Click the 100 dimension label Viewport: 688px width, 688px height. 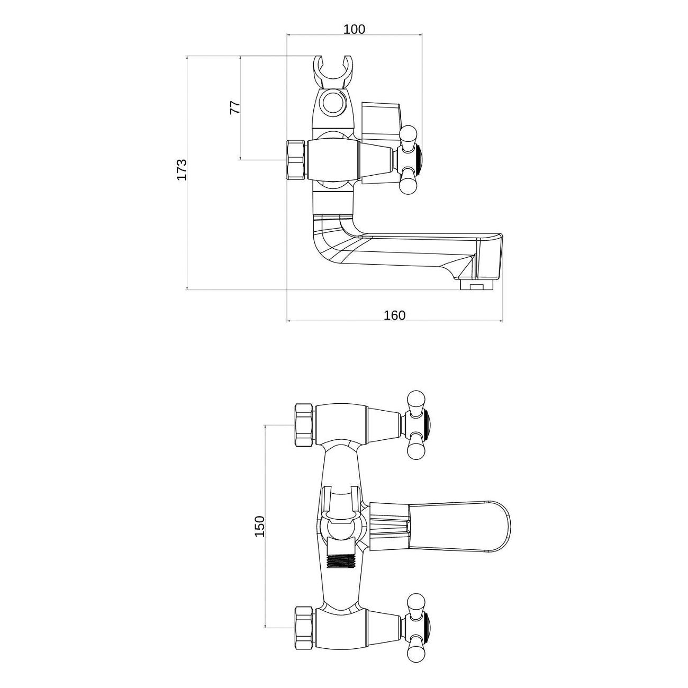pos(354,29)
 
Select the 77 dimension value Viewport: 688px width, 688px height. pos(236,107)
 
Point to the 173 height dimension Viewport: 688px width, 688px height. pos(182,169)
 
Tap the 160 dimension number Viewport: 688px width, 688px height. pos(394,315)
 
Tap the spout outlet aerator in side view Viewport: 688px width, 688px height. pos(477,284)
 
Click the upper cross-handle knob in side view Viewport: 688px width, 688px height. pos(409,137)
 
